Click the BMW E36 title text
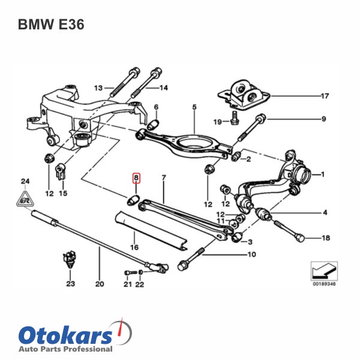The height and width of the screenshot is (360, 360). (x=51, y=25)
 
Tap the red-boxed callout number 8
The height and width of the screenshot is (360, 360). (x=136, y=178)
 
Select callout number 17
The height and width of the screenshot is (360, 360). (x=325, y=96)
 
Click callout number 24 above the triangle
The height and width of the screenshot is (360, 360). (x=25, y=181)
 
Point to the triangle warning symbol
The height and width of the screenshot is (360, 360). (x=25, y=196)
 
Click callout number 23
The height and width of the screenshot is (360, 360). (x=71, y=284)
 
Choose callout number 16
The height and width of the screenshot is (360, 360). (x=134, y=247)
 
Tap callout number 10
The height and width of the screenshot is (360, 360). (x=251, y=254)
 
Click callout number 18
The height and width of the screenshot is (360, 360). (x=326, y=238)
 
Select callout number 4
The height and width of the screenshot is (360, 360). (x=325, y=212)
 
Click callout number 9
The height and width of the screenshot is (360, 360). (x=323, y=119)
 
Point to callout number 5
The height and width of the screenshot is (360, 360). (x=194, y=107)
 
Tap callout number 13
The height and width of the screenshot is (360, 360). (x=98, y=87)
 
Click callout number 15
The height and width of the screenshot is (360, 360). (x=63, y=194)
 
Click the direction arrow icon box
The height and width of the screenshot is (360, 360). (x=323, y=271)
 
